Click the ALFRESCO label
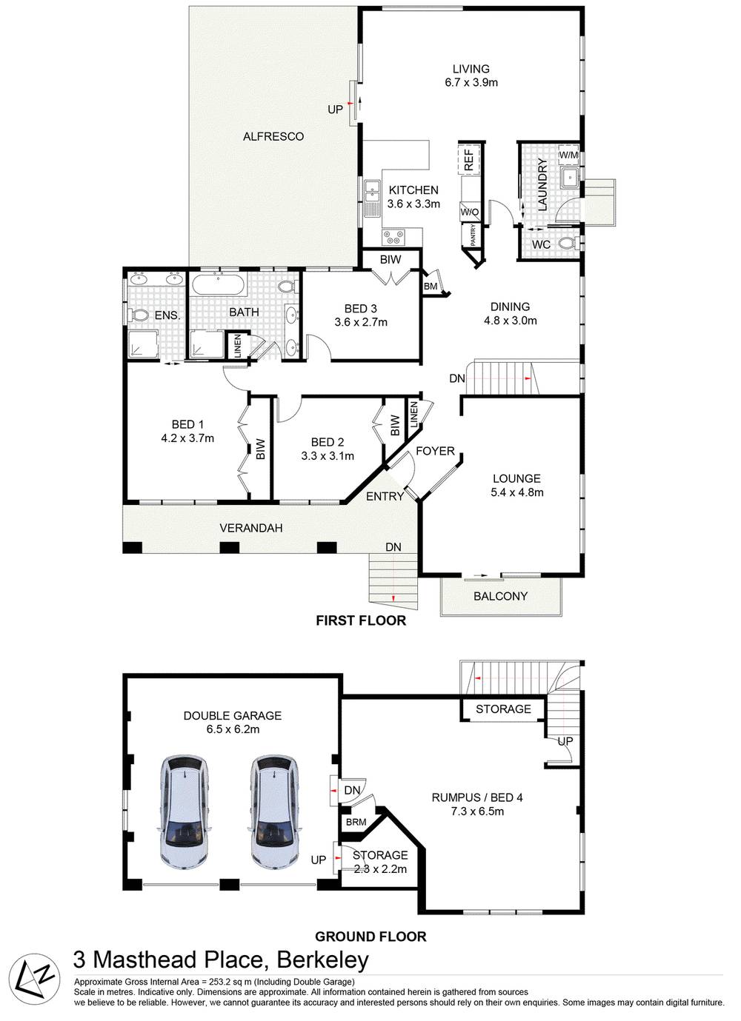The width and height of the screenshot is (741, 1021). [x=273, y=136]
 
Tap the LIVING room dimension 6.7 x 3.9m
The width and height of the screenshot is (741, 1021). [x=471, y=83]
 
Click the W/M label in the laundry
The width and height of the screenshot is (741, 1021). [x=568, y=155]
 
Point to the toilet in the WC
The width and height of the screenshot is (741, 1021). [x=567, y=244]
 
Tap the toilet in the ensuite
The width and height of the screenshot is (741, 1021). [x=139, y=315]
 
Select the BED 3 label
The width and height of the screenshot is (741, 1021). [x=361, y=308]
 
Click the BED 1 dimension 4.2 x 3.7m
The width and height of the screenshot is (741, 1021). [x=187, y=438]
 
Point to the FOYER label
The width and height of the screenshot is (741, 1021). [x=435, y=451]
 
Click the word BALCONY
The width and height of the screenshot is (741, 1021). [x=500, y=596]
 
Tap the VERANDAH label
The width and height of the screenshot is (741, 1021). [x=251, y=528]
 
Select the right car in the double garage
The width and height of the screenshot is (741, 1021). [x=276, y=812]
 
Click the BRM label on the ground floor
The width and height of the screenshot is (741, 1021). [x=356, y=823]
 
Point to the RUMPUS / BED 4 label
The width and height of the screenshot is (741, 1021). [x=477, y=797]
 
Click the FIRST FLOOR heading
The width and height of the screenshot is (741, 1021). [x=361, y=620]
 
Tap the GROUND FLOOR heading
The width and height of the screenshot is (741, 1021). [x=370, y=937]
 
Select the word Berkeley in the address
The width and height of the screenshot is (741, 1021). [x=322, y=960]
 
